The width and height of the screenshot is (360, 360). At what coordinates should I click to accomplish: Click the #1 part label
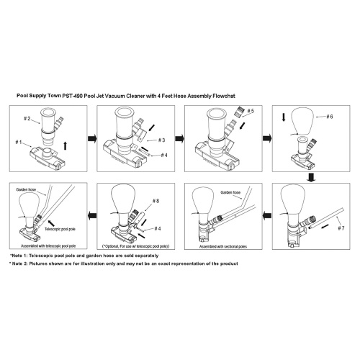[x=19, y=143]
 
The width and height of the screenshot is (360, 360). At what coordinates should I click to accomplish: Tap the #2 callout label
[x=27, y=119]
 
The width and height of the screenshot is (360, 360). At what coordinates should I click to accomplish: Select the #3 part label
[x=162, y=140]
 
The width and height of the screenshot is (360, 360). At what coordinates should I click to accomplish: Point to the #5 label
[x=251, y=111]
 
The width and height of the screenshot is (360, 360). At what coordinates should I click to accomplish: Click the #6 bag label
[x=330, y=117]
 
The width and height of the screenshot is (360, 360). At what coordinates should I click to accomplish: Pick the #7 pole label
[x=341, y=228]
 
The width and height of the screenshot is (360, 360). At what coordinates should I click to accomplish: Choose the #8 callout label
[x=156, y=201]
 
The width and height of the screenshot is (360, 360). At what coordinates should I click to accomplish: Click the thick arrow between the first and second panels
[x=92, y=138]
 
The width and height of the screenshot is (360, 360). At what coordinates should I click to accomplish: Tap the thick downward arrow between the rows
[x=311, y=178]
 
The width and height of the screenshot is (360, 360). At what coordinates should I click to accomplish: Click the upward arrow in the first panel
[x=66, y=146]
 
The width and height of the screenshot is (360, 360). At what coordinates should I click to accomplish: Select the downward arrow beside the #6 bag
[x=284, y=117]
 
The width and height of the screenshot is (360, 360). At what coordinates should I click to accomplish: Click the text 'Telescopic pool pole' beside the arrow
[x=60, y=229]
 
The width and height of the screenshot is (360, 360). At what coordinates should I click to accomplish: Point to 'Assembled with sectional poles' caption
[x=223, y=246]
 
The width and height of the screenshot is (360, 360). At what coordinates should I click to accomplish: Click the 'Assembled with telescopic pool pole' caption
[x=48, y=246]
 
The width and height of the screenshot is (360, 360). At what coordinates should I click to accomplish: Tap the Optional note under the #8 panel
[x=136, y=246]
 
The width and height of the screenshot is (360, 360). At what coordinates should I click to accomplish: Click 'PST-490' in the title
[x=73, y=96]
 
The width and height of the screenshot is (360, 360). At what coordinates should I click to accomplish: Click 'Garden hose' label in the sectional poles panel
[x=230, y=192]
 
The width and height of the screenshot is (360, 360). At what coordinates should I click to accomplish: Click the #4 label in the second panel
[x=164, y=156]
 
